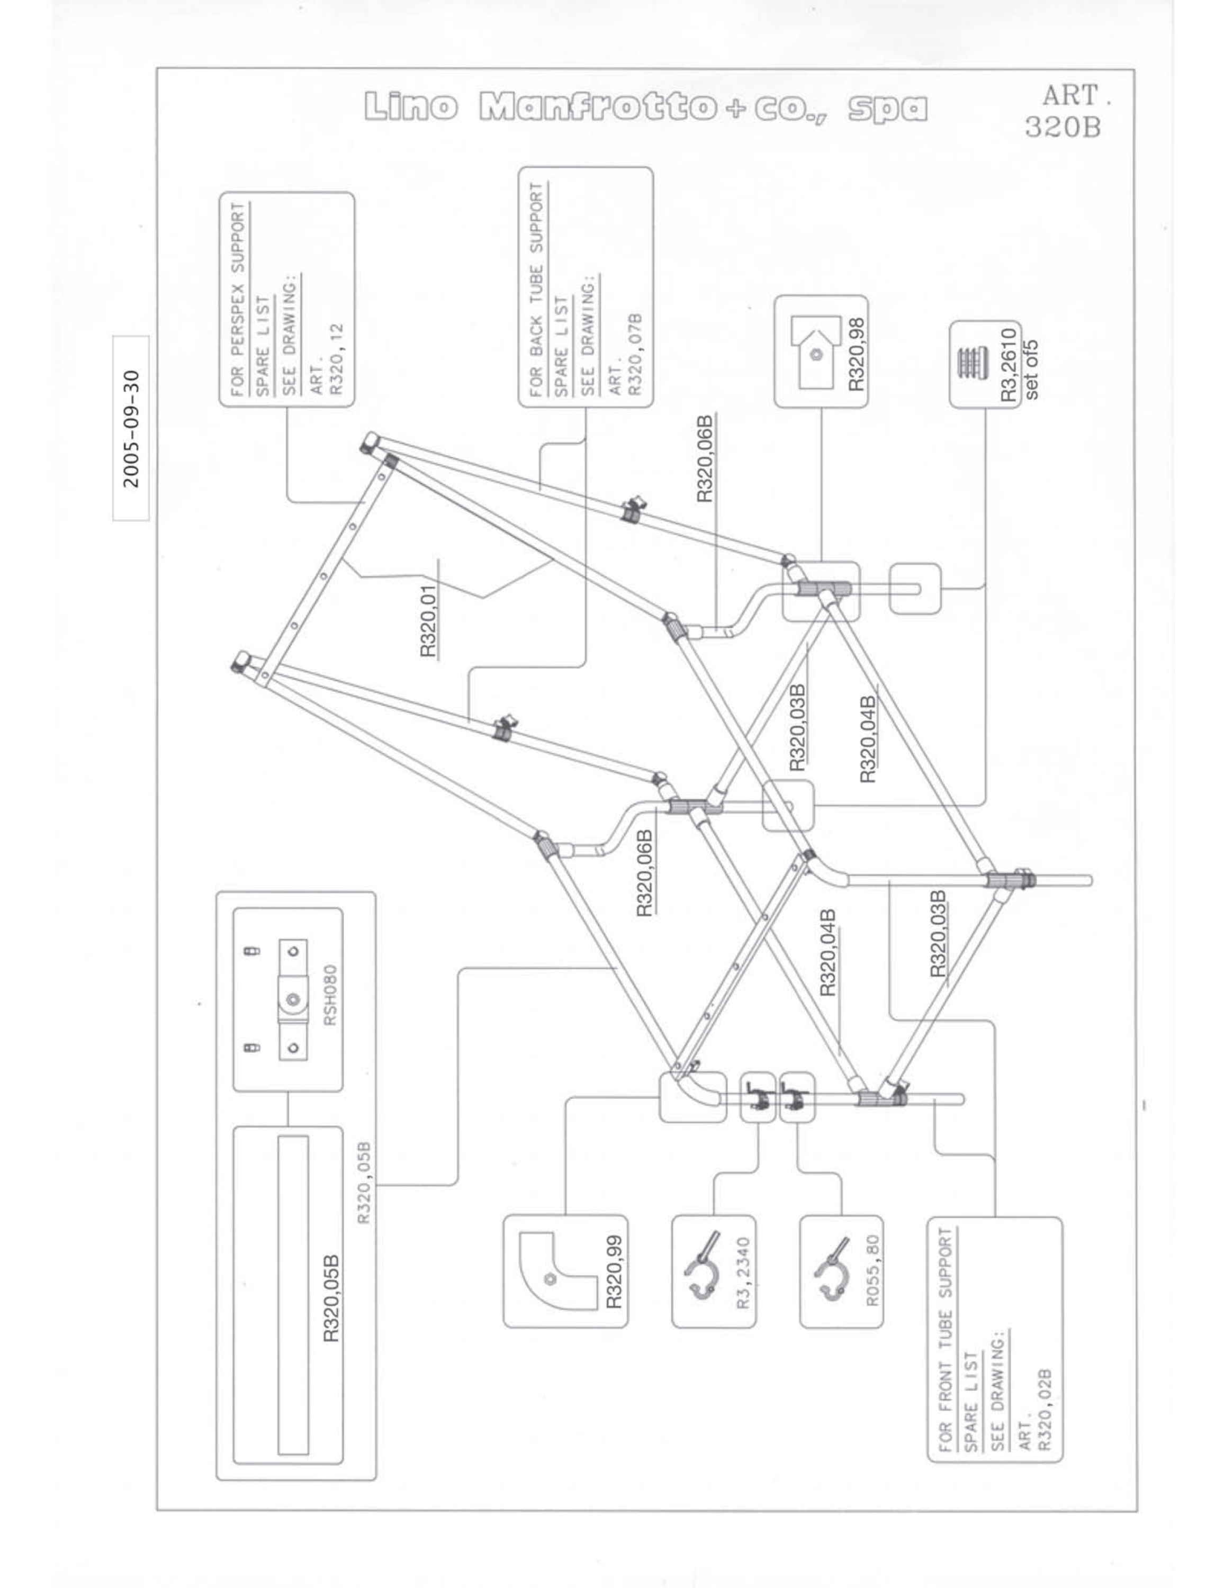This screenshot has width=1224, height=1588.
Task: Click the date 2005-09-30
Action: click(131, 429)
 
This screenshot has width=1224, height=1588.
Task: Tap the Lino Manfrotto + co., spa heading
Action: click(646, 107)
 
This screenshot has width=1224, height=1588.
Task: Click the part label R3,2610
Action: click(1008, 364)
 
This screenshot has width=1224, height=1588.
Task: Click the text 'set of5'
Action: click(1031, 369)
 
